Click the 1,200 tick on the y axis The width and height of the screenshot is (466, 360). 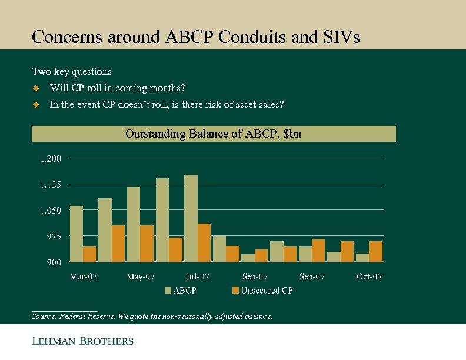tap(51, 158)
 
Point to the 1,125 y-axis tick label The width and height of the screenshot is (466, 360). tap(51, 184)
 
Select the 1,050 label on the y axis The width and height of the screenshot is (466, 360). tap(51, 210)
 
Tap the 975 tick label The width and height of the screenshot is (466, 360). tap(53, 236)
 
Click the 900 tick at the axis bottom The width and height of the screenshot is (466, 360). tap(53, 262)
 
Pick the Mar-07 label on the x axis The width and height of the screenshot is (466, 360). tap(84, 276)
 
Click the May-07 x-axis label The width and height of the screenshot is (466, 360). tap(141, 276)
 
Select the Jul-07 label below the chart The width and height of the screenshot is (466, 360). tap(198, 276)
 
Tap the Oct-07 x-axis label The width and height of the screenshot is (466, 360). tap(369, 276)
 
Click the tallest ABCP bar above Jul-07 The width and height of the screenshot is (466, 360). tap(191, 218)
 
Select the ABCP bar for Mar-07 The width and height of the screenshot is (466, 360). tap(76, 234)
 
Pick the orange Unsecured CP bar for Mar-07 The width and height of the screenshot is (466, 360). tap(90, 254)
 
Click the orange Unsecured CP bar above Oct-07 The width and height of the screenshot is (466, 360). tap(376, 251)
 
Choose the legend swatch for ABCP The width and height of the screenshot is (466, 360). tap(168, 291)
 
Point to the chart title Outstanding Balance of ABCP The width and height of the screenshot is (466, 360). tap(214, 134)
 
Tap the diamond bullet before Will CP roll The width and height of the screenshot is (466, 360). tap(35, 88)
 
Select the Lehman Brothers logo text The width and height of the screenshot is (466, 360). tap(82, 341)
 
